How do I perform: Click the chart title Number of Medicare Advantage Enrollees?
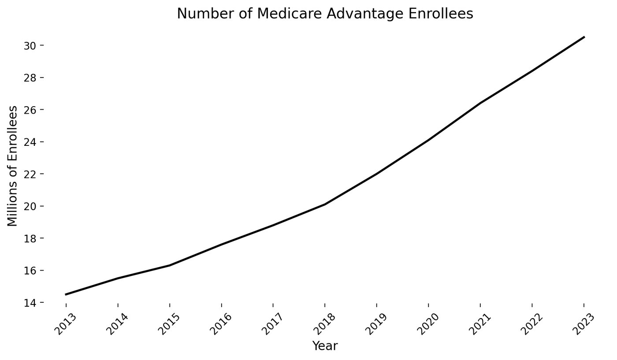pyautogui.click(x=325, y=14)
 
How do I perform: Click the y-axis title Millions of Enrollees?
pyautogui.click(x=13, y=166)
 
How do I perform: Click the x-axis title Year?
pyautogui.click(x=325, y=346)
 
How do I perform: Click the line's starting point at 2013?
pyautogui.click(x=66, y=294)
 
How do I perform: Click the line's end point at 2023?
pyautogui.click(x=584, y=37)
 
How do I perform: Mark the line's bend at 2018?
pyautogui.click(x=325, y=204)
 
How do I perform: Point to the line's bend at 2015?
pyautogui.click(x=169, y=265)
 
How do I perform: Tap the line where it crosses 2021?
pyautogui.click(x=480, y=103)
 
